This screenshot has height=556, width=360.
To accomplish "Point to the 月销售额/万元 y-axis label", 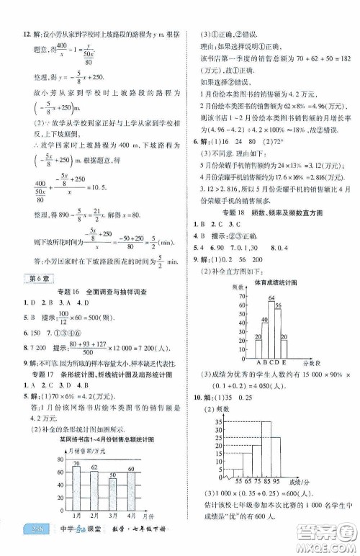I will coord(74,449).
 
